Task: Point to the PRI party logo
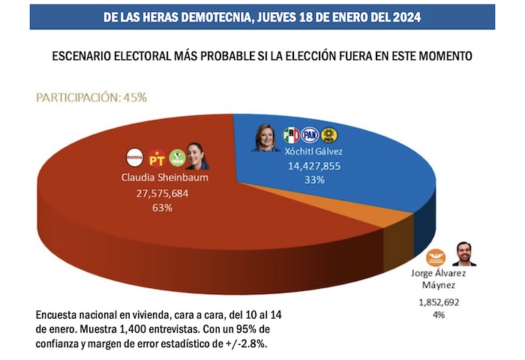pyautogui.click(x=291, y=135)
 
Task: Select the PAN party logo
pyautogui.click(x=310, y=135)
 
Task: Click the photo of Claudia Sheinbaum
pyautogui.click(x=198, y=155)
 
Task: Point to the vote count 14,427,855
pyautogui.click(x=310, y=166)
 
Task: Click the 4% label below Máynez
pyautogui.click(x=438, y=314)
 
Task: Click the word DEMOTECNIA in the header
pyautogui.click(x=234, y=16)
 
